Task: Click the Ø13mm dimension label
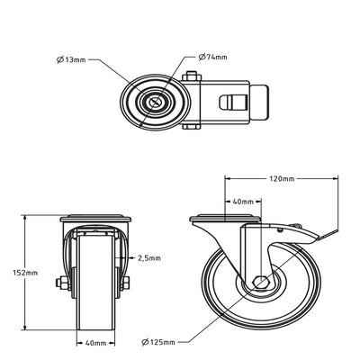(71, 60)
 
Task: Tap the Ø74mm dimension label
(212, 57)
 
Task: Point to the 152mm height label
(25, 273)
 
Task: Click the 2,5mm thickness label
(149, 258)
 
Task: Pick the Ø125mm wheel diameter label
(157, 342)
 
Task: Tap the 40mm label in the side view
(243, 202)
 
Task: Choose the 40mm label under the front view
(96, 343)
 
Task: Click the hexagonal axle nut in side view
(261, 282)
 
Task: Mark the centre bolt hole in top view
(155, 103)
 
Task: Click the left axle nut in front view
(62, 283)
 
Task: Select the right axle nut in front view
(126, 283)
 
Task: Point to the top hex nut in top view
(191, 76)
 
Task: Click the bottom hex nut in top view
(191, 127)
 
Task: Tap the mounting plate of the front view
(95, 218)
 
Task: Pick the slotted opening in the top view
(233, 103)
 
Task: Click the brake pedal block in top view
(259, 103)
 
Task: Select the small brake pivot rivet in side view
(280, 230)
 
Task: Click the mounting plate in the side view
(225, 218)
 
